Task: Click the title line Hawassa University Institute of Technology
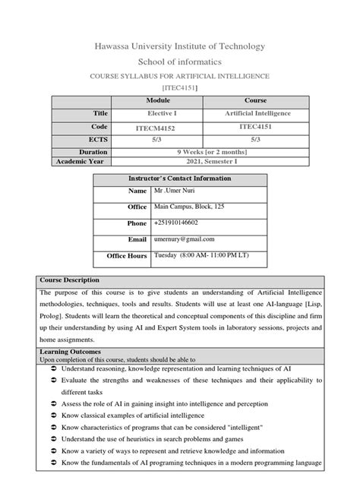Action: (179, 46)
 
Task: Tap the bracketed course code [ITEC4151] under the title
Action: (179, 89)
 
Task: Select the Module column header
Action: (157, 100)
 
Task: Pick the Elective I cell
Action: (157, 113)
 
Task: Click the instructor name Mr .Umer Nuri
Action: (175, 193)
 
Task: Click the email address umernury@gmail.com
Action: (184, 239)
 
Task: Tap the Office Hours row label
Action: (127, 256)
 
